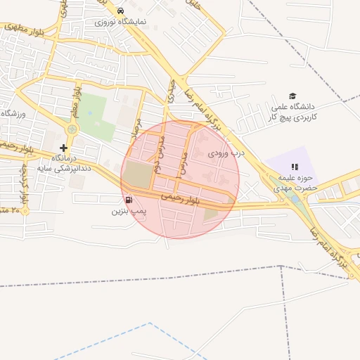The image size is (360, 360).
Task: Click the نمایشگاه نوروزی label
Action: pos(121,22)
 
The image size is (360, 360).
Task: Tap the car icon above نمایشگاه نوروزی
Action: pos(121,11)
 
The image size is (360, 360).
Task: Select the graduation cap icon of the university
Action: pos(292,96)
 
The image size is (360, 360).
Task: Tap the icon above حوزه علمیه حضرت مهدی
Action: pos(295,167)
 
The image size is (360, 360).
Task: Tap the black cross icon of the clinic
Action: pos(64,148)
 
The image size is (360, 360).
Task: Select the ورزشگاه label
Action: pos(13,113)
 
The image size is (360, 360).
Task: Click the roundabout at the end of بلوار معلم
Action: pos(72,129)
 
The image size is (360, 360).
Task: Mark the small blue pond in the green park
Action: pos(90,112)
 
